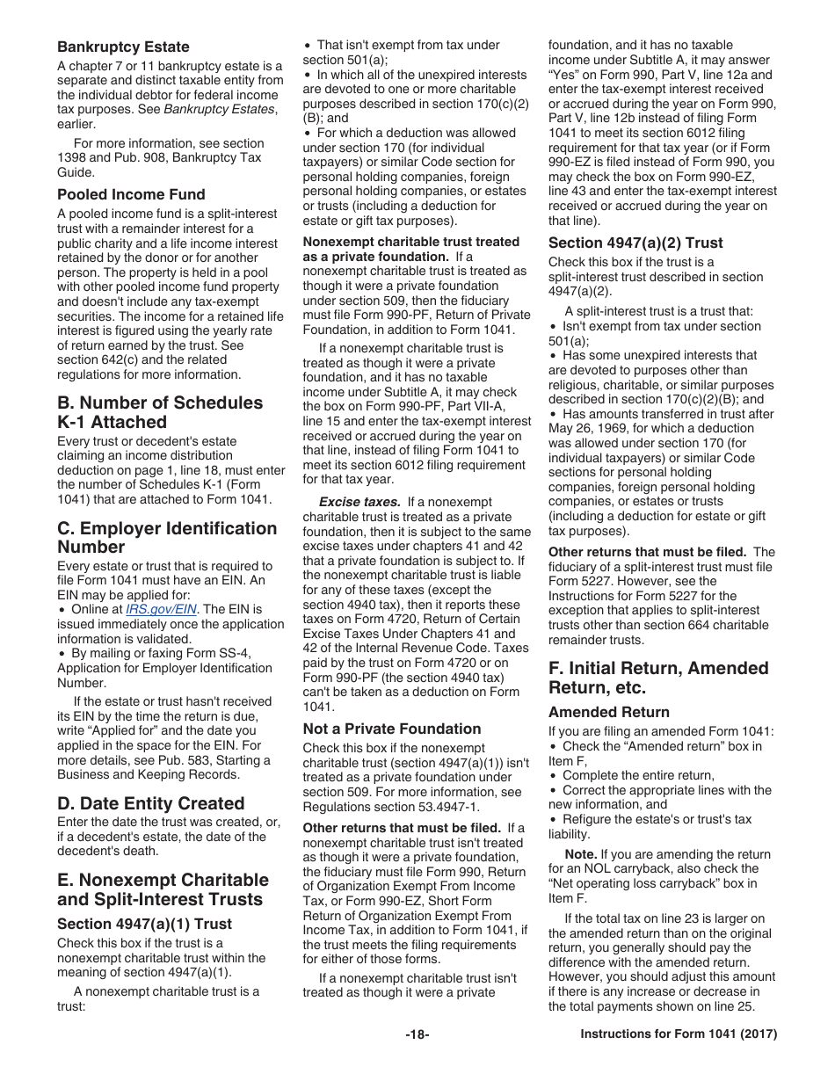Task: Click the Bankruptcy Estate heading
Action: [x=123, y=47]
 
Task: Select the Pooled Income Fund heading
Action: [x=131, y=194]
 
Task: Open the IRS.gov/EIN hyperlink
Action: [x=162, y=609]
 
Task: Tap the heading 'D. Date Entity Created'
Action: [x=150, y=803]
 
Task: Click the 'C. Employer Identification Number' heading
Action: [x=167, y=537]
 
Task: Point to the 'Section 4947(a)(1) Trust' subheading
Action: [x=144, y=924]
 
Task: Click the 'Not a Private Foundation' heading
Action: [x=392, y=729]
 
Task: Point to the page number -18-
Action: [x=417, y=1034]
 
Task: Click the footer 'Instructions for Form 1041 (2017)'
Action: [x=679, y=1034]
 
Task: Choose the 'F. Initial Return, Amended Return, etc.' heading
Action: [x=658, y=678]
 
